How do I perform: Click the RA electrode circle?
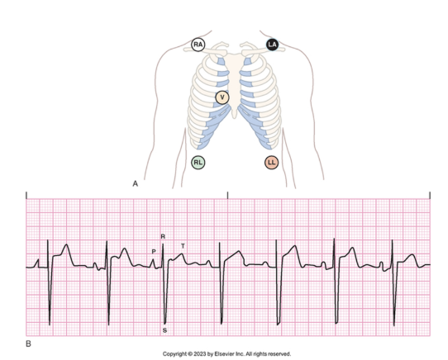198,45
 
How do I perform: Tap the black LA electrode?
272,45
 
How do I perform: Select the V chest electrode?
222,97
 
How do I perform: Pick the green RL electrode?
198,163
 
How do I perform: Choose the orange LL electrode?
271,163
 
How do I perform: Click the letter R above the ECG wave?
163,236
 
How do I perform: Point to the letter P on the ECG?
154,251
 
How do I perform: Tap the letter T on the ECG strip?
183,246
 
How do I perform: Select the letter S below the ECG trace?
164,330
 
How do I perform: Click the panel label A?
135,183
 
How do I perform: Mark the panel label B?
28,343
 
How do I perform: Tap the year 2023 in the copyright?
200,354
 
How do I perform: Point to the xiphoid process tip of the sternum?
234,116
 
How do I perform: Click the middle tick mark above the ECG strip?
227,195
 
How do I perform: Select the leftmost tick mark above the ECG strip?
26,195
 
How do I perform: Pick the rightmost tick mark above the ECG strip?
430,195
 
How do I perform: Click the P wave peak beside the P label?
153,259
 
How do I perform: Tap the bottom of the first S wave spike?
50,324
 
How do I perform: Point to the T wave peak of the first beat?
67,244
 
